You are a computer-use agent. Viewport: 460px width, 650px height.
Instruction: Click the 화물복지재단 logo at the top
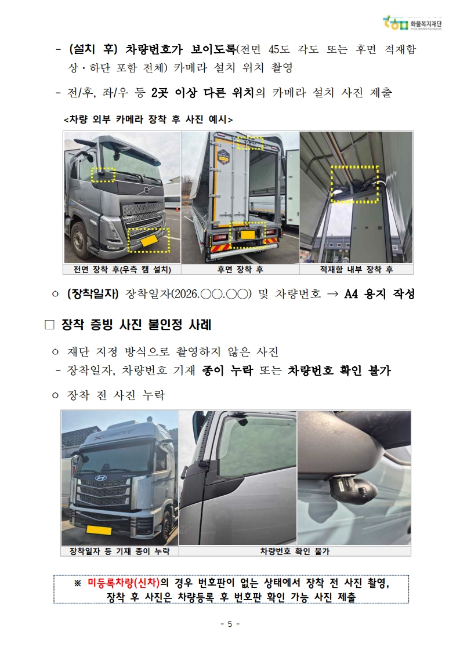(412, 24)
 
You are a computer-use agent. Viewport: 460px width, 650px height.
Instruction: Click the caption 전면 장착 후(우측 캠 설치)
(122, 270)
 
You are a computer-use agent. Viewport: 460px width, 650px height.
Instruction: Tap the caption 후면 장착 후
(240, 270)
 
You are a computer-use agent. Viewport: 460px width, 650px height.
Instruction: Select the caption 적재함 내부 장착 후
(356, 270)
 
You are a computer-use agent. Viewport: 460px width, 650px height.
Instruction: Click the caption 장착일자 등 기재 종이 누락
(119, 551)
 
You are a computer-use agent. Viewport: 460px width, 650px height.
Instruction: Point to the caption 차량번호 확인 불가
(295, 551)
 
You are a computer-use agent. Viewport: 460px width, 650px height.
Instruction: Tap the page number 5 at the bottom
(230, 624)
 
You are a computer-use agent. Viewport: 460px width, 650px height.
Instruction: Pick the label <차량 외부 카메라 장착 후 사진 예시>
(148, 119)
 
